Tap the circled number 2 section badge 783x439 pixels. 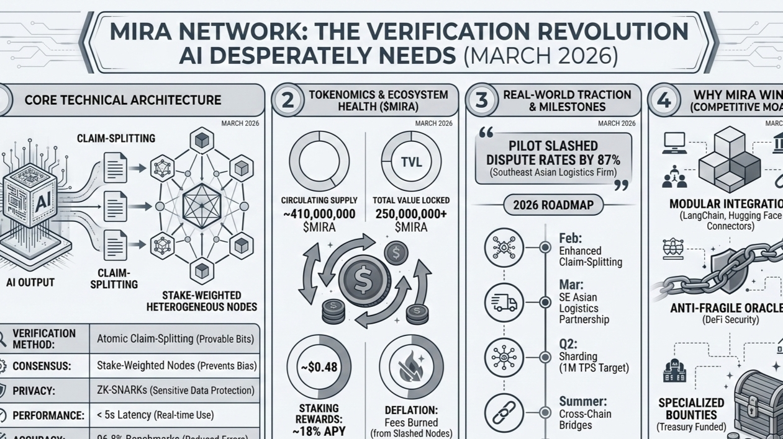point(288,100)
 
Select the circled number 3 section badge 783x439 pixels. point(481,100)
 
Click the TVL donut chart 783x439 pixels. point(411,162)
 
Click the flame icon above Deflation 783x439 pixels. point(411,367)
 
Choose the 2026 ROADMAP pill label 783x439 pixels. point(553,205)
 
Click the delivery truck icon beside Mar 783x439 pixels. point(504,303)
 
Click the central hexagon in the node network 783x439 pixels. point(202,206)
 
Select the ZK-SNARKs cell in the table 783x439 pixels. point(176,391)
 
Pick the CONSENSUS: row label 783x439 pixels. point(40,366)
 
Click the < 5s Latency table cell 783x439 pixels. point(176,415)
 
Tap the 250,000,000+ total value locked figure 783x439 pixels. point(411,214)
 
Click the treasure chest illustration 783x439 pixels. point(758,406)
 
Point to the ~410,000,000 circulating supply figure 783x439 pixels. point(319,214)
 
